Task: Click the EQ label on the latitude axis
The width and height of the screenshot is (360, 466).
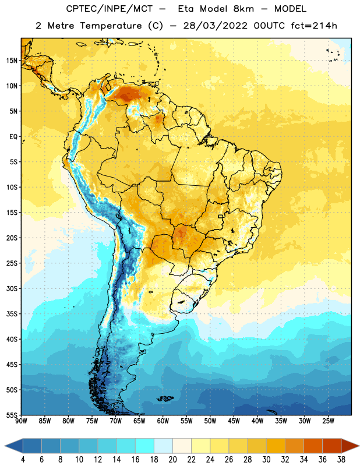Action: pos(13,137)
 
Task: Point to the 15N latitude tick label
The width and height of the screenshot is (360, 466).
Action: pos(12,61)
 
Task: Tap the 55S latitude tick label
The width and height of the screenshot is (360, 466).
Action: pos(12,415)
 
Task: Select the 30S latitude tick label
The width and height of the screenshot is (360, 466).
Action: pos(12,288)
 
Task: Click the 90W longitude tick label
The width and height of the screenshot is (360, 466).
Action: pos(21,421)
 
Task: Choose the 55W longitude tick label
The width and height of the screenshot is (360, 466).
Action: pos(186,421)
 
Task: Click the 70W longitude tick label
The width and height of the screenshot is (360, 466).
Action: pos(116,421)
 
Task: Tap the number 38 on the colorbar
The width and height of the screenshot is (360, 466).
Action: pos(341,460)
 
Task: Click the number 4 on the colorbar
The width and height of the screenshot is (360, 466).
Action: pos(23,460)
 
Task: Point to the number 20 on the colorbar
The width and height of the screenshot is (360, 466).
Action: pos(172,460)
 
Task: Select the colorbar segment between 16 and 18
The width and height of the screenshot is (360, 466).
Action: pos(145,446)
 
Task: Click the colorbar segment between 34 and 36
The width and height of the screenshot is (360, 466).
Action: pos(313,446)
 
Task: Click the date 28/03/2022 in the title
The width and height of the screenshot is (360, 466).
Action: pos(215,26)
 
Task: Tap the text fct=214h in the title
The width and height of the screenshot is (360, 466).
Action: pos(314,26)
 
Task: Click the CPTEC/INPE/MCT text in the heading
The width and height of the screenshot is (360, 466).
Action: pos(109,9)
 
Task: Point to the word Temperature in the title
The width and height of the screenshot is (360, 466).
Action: pos(111,26)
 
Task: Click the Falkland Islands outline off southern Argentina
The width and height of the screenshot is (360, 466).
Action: pos(165,398)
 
